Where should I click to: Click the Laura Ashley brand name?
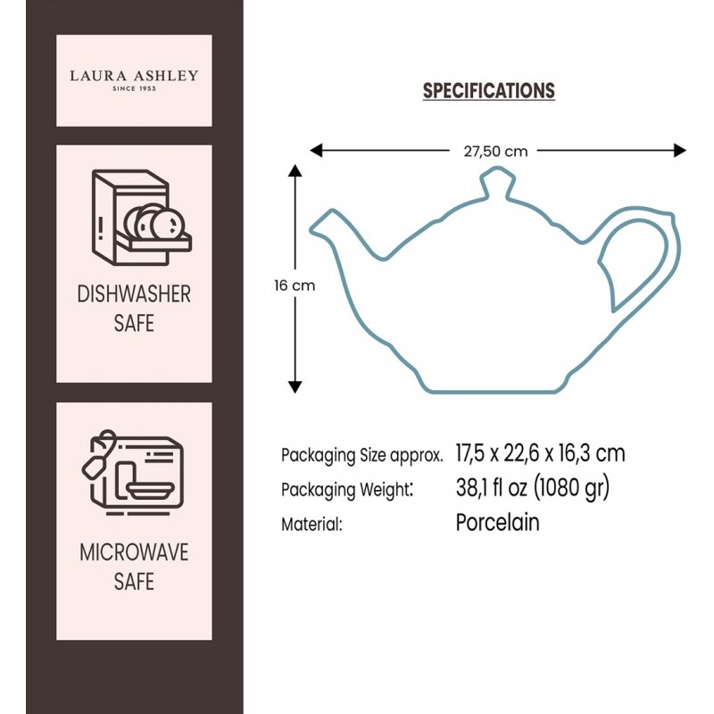(134, 76)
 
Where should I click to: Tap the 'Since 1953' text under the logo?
(135, 88)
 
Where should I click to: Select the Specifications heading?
(488, 91)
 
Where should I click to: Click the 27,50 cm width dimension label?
(495, 151)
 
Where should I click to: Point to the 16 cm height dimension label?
(295, 286)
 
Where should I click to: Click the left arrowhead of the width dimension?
(316, 150)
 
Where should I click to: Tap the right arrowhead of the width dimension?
(680, 150)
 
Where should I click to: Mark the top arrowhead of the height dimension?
(295, 170)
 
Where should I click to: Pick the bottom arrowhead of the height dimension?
(295, 386)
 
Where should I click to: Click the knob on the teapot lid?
(497, 182)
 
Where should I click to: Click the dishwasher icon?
(141, 218)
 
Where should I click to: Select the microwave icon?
(132, 473)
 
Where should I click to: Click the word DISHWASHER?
(134, 295)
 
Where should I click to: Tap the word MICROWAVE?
(134, 552)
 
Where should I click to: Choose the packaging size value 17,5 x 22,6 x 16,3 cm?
(541, 453)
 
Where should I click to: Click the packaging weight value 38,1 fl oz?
(492, 487)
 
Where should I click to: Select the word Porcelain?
(498, 522)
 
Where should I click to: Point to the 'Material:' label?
(311, 524)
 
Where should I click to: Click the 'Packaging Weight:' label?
(347, 490)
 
